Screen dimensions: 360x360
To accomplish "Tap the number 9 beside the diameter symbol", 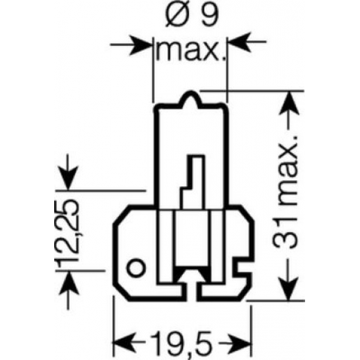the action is point(209,16).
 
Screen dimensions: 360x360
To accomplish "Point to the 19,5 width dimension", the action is point(181,343).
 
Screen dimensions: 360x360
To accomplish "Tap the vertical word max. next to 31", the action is point(288,171).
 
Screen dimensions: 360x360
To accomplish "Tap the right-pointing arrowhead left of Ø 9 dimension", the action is point(141,44).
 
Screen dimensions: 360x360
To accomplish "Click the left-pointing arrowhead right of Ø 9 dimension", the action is point(240,42).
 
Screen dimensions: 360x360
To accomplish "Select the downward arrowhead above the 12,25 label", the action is point(68,178).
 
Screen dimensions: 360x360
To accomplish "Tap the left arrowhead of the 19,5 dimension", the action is point(124,342).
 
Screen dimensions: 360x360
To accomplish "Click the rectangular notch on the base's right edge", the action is point(244,265).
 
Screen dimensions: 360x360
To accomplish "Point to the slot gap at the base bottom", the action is point(191,290).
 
